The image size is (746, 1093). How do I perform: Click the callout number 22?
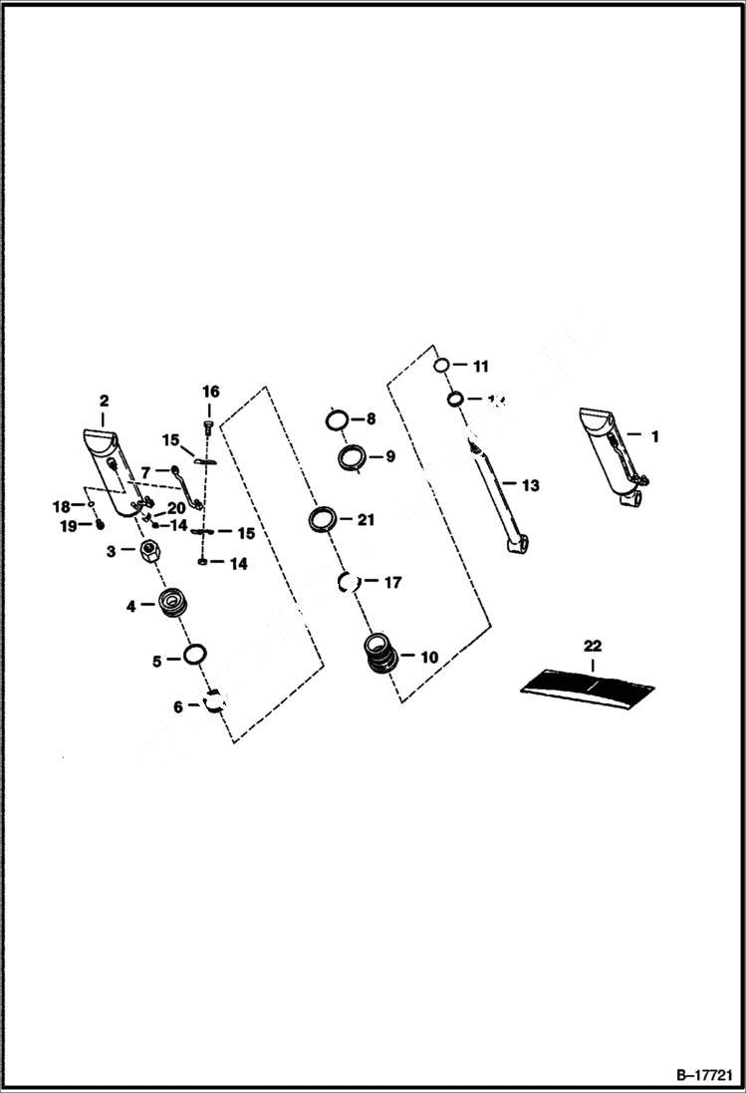tap(593, 647)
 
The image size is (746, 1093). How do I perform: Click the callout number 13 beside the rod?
tap(530, 485)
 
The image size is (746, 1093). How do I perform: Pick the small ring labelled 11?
tap(443, 366)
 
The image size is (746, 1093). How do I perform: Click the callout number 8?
tap(371, 419)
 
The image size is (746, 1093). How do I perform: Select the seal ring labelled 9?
tap(352, 458)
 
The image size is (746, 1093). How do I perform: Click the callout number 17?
tap(392, 582)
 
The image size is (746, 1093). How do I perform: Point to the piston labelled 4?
tap(173, 604)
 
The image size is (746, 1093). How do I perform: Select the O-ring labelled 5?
tap(195, 655)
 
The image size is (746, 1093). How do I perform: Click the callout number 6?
tap(178, 706)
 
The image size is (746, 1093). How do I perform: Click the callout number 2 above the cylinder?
tap(104, 401)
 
